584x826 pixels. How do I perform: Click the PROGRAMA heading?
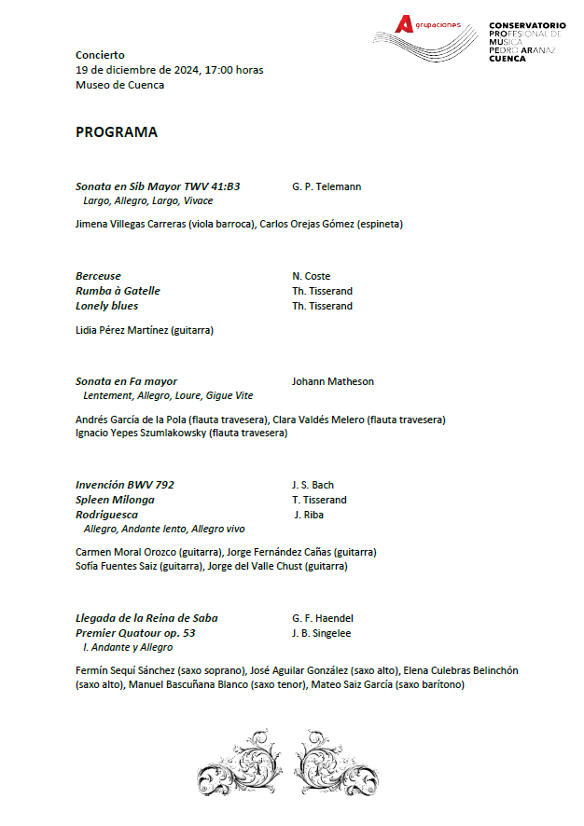(117, 132)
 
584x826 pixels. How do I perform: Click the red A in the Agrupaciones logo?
(403, 24)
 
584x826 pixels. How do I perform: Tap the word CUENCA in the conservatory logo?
(508, 58)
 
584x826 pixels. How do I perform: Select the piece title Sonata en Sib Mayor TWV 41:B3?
(158, 186)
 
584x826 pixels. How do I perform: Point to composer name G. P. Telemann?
(327, 186)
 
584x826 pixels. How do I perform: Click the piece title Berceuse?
(98, 276)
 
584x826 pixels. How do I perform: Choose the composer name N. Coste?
(311, 276)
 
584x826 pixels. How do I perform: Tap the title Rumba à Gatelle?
(118, 291)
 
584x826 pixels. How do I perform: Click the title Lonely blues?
(106, 306)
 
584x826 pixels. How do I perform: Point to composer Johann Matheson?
(333, 381)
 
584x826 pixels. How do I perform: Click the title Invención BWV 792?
(125, 485)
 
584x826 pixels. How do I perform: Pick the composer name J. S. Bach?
(313, 485)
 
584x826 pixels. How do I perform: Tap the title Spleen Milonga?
(115, 500)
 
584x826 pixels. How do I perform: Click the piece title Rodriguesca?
(106, 515)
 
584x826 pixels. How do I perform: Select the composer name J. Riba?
(311, 515)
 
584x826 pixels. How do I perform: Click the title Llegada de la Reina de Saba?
(146, 618)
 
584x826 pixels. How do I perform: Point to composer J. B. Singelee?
(321, 633)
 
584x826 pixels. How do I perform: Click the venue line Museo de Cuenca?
(119, 85)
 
